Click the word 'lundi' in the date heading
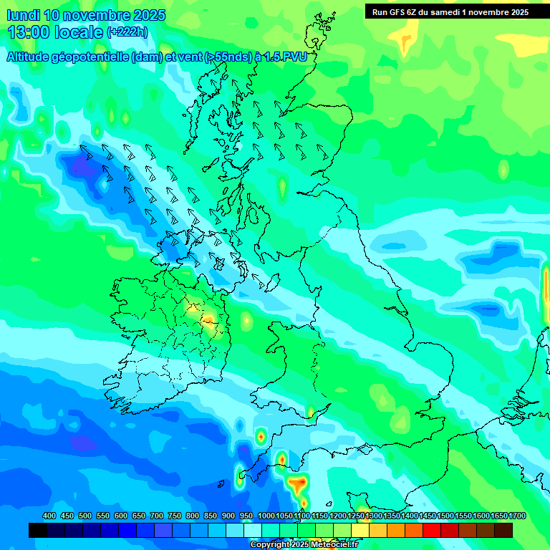point(24,15)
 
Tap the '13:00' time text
point(28,32)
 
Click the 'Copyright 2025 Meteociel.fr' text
point(304,545)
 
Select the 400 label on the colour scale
point(49,516)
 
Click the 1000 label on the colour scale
point(266,516)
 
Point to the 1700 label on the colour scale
point(498,516)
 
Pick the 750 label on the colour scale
point(175,516)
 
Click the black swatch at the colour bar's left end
point(38,530)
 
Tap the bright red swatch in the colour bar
point(432,530)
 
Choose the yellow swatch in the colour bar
point(360,530)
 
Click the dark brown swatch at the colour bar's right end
point(503,530)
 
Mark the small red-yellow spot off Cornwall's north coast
point(261,435)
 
